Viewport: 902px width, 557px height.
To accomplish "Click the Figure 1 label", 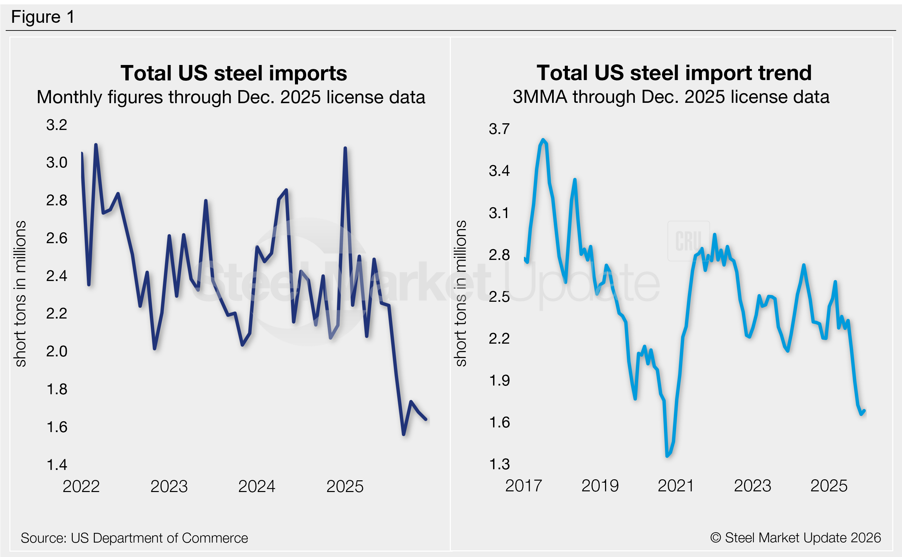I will point(43,17).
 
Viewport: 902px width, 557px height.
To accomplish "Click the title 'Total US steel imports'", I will point(233,73).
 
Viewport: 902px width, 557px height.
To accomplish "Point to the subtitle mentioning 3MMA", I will point(670,97).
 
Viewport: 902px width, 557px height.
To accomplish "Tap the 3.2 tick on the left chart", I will point(56,125).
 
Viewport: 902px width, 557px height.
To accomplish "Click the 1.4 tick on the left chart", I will point(56,465).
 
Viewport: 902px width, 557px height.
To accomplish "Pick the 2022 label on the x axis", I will point(81,486).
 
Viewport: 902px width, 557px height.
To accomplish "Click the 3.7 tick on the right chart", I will point(499,129).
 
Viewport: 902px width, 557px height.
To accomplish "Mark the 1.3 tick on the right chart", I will point(499,464).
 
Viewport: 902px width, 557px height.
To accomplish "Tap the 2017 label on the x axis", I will point(524,486).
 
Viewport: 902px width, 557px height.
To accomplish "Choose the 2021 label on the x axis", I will point(676,486).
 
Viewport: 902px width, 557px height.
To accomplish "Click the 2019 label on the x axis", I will point(600,486).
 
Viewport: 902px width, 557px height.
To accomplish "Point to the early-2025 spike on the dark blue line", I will point(345,148).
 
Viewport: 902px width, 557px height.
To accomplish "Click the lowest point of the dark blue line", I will point(404,434).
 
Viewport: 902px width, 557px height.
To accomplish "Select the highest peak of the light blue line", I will point(543,140).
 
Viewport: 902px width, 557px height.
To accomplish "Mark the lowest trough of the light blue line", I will point(667,456).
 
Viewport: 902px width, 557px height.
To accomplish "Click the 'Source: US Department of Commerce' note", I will point(134,538).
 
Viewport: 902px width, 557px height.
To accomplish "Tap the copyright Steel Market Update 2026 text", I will point(795,538).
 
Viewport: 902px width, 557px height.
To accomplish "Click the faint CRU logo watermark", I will point(688,241).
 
